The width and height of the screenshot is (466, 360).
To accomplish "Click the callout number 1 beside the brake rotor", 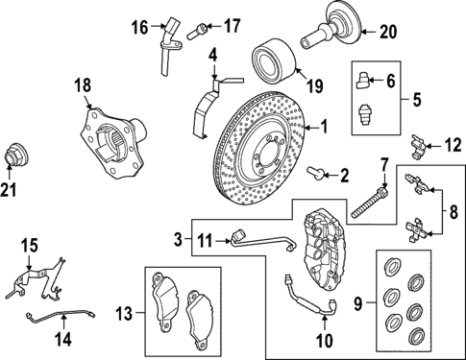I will tap(325, 126).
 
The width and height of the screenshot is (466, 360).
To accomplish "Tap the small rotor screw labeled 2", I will tap(315, 174).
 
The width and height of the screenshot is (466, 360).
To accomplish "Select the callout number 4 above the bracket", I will tap(213, 55).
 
